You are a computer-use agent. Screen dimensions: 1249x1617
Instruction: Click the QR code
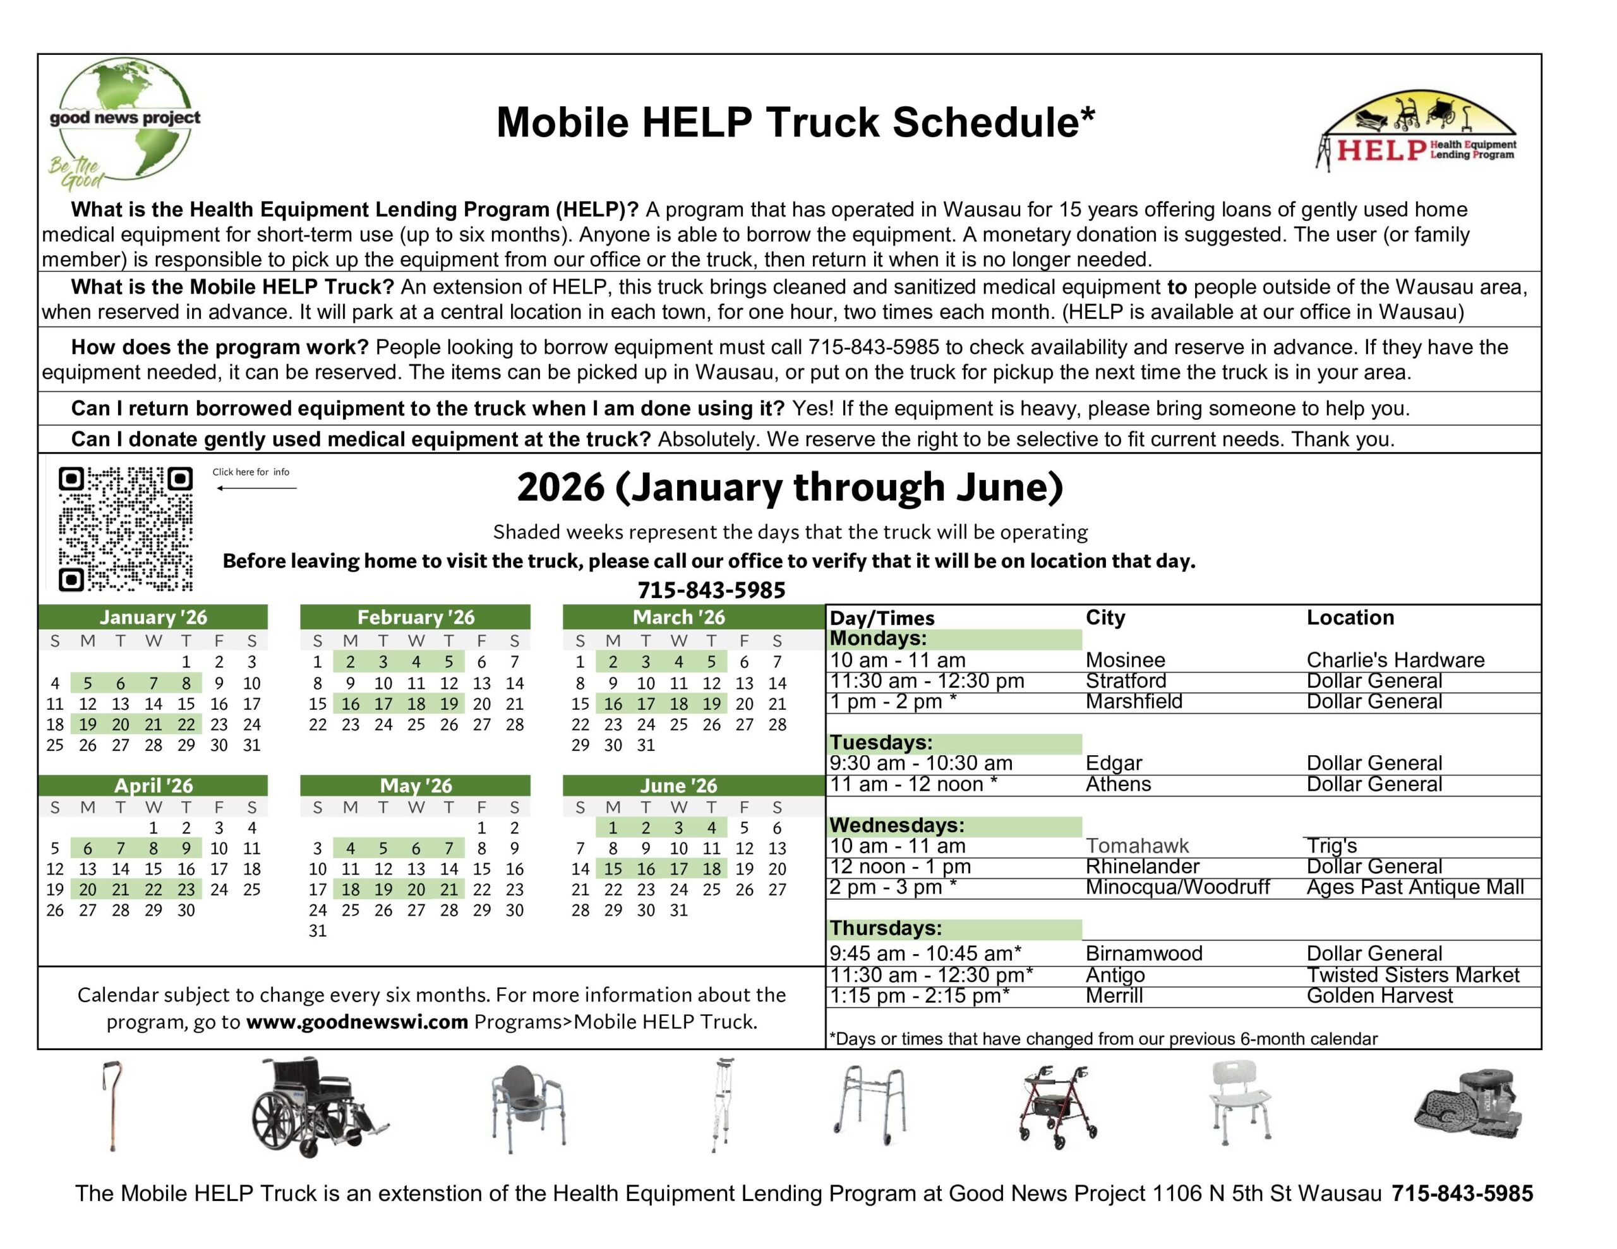point(126,529)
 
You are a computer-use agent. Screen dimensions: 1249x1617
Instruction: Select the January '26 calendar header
point(153,617)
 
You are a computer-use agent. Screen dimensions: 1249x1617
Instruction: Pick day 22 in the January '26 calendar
point(186,724)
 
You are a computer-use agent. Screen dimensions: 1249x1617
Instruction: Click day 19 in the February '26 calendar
point(448,703)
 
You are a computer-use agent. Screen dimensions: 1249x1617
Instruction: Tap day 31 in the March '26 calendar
point(646,745)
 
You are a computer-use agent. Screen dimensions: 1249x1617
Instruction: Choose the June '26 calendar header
point(678,785)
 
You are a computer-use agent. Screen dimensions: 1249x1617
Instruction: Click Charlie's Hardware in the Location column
point(1395,660)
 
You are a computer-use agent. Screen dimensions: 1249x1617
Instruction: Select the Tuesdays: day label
point(881,743)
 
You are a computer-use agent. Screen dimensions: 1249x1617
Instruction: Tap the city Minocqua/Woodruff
point(1177,887)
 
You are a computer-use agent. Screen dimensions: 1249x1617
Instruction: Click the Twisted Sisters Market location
point(1412,975)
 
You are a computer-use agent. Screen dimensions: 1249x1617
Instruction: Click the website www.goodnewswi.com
point(357,1022)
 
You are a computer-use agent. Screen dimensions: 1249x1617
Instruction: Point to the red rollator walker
point(1057,1107)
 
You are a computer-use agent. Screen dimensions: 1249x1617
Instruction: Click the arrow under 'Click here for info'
point(256,488)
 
